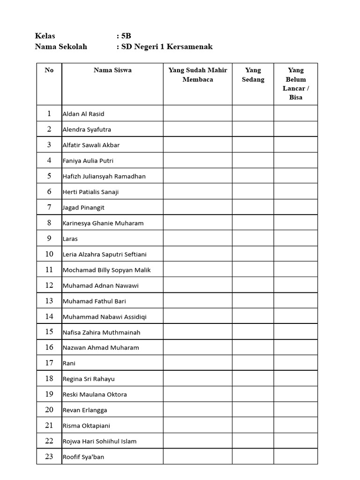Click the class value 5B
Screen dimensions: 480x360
coord(126,36)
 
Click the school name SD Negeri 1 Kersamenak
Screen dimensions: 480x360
coord(167,46)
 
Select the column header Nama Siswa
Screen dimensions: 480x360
coord(112,70)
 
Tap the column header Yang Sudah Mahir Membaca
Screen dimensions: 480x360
coord(198,75)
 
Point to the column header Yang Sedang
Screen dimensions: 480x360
coord(253,75)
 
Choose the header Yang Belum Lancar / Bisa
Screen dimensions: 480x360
coord(296,84)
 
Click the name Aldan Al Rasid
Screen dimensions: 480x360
coord(83,114)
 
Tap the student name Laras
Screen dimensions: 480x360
coord(70,239)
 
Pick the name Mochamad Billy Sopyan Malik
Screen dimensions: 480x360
coord(107,270)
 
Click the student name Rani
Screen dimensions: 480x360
coord(69,363)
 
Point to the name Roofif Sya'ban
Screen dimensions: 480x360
coord(83,457)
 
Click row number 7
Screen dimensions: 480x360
coord(49,207)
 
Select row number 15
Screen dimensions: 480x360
coord(49,332)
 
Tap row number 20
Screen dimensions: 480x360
coord(49,410)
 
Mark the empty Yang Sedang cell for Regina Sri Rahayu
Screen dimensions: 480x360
coord(253,379)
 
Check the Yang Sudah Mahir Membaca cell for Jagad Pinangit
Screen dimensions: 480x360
coord(198,207)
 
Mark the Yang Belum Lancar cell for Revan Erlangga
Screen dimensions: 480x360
coord(296,410)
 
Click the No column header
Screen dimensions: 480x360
coord(49,70)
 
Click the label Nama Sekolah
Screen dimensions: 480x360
coord(61,46)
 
